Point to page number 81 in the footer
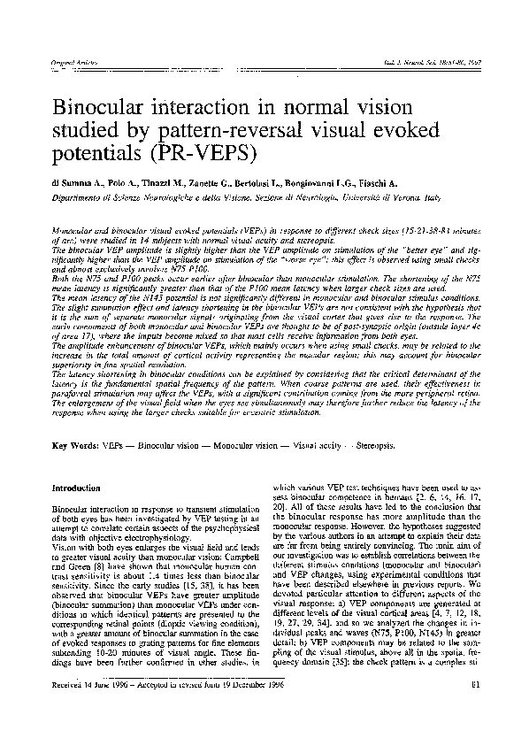pos(475,707)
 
